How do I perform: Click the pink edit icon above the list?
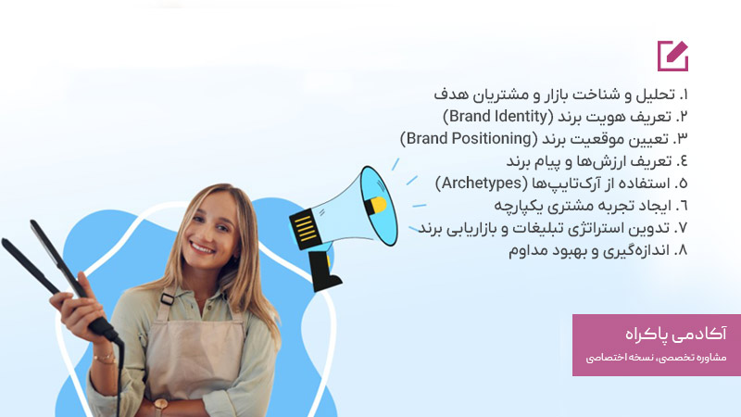coord(672,56)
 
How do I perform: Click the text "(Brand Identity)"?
coord(496,117)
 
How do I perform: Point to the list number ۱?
coord(684,95)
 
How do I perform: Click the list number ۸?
coord(684,250)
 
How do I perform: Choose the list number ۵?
coord(684,183)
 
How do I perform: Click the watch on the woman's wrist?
coord(160,405)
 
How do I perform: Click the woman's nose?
coord(206,229)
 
